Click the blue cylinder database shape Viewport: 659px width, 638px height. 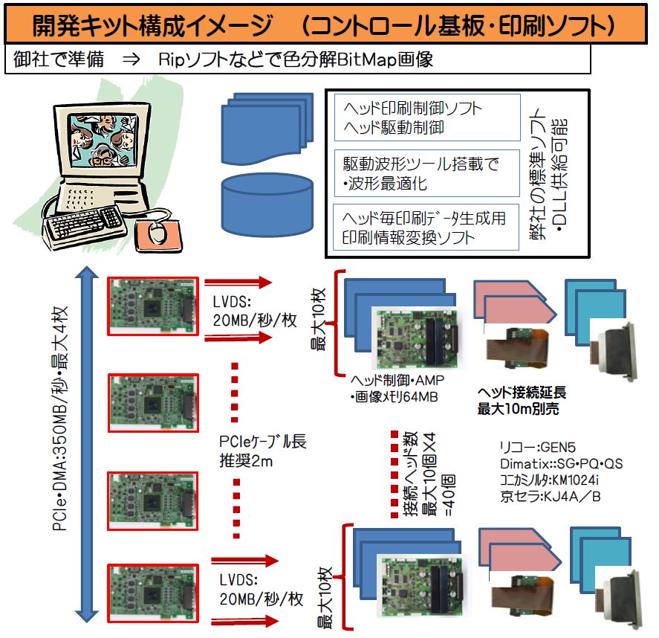point(267,204)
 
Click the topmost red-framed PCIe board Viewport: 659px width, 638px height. point(153,306)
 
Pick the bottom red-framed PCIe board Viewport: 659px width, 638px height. point(153,593)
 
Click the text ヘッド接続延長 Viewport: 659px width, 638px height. point(522,393)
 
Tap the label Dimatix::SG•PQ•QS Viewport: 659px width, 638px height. point(561,463)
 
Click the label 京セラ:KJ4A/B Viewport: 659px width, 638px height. point(550,497)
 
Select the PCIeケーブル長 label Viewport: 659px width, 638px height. point(263,442)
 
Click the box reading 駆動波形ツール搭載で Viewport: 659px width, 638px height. point(427,173)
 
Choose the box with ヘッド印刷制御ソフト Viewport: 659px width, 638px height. point(427,117)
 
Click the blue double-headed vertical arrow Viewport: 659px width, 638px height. point(87,444)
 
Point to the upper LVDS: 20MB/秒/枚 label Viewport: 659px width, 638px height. point(255,311)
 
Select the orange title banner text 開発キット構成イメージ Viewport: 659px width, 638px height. point(152,25)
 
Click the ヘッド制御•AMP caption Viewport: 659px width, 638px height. point(397,380)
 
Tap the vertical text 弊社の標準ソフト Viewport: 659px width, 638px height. point(538,174)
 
